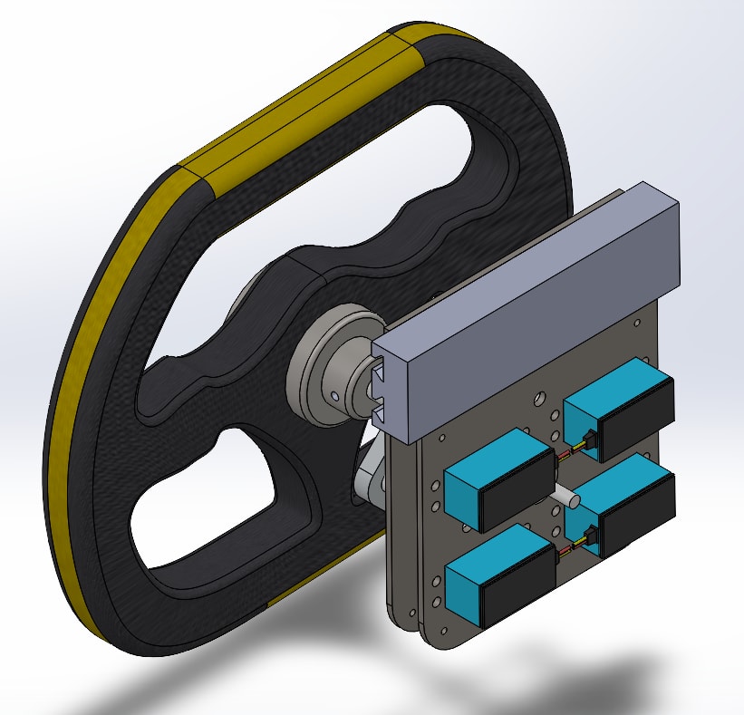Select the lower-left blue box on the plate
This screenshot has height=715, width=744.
click(497, 566)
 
